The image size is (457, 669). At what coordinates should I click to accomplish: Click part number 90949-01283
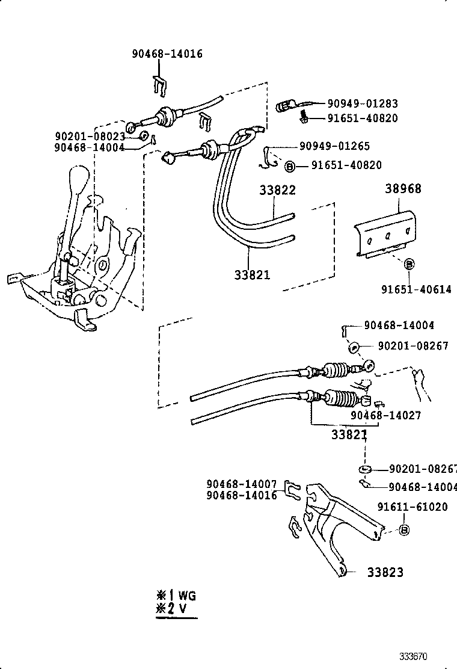pyautogui.click(x=362, y=103)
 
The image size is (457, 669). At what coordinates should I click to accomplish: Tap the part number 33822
pyautogui.click(x=277, y=190)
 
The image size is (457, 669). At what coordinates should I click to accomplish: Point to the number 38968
pyautogui.click(x=403, y=189)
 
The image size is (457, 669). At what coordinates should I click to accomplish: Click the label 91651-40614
pyautogui.click(x=416, y=289)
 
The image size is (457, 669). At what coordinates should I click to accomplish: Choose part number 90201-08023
pyautogui.click(x=90, y=137)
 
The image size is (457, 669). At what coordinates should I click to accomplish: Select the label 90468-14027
pyautogui.click(x=386, y=415)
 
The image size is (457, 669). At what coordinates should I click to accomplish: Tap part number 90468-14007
pyautogui.click(x=241, y=484)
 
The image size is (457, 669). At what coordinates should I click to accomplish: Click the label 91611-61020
pyautogui.click(x=413, y=507)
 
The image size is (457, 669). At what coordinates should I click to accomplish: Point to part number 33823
pyautogui.click(x=385, y=572)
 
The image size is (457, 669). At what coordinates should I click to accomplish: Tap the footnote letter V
pyautogui.click(x=181, y=609)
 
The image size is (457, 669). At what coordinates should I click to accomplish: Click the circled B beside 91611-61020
pyautogui.click(x=404, y=530)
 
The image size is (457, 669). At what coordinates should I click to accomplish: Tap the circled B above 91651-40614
pyautogui.click(x=408, y=264)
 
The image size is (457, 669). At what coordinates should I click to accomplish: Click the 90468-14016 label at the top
pyautogui.click(x=167, y=54)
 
